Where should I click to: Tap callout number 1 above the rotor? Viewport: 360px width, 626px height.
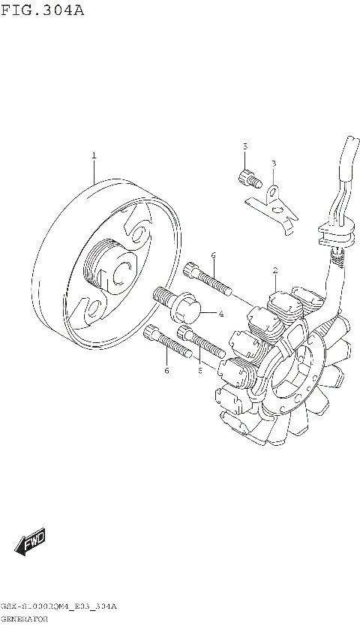(94, 156)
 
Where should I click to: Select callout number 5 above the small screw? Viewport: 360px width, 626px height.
(244, 146)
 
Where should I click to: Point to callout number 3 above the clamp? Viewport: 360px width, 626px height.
(274, 163)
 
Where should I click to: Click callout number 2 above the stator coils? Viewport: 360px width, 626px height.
(275, 270)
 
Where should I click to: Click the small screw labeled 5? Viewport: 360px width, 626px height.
(246, 179)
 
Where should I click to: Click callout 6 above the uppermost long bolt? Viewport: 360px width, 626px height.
(214, 255)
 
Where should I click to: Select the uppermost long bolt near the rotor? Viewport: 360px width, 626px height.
(205, 280)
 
